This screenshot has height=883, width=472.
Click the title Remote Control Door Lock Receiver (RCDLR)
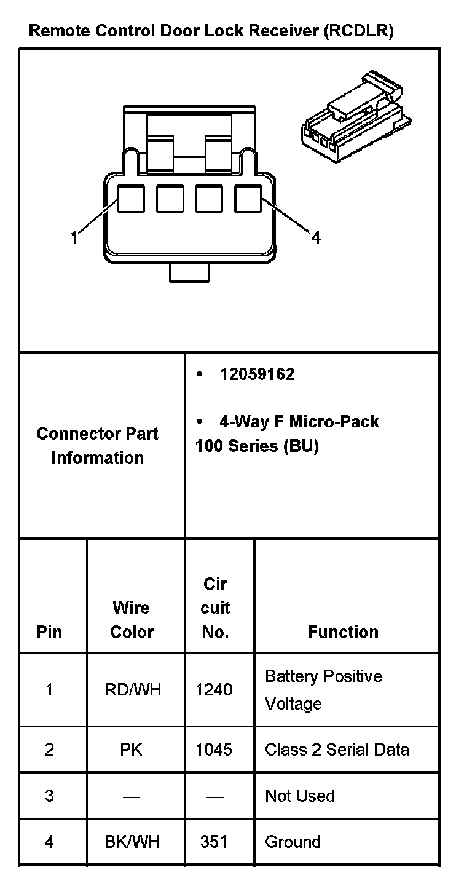(211, 31)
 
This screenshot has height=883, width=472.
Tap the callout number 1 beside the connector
(75, 237)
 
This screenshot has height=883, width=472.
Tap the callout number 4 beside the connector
(315, 237)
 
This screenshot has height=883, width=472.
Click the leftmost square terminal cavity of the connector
(131, 199)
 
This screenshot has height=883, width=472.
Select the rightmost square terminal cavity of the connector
(248, 199)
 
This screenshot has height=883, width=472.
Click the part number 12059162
(257, 374)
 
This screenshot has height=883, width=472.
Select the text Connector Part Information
(98, 446)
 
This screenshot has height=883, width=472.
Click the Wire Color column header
(132, 620)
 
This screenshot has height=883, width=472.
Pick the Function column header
(343, 632)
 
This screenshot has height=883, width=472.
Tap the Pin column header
(49, 632)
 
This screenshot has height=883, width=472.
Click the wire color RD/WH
(133, 690)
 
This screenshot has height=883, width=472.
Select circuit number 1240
(214, 690)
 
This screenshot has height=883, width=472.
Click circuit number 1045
(214, 750)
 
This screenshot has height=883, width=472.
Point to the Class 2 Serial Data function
(337, 750)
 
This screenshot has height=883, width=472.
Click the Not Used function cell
(300, 796)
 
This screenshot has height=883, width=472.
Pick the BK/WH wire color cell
(132, 842)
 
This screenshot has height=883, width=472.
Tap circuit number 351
(214, 842)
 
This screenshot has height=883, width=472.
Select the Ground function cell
(293, 842)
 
